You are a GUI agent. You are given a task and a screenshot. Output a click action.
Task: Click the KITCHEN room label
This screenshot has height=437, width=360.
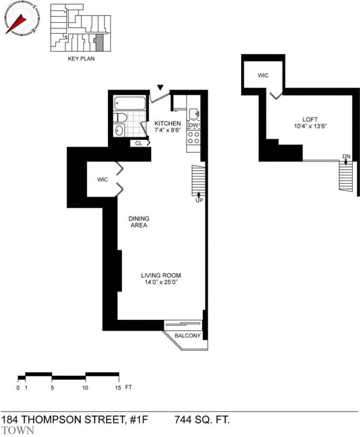coord(167,123)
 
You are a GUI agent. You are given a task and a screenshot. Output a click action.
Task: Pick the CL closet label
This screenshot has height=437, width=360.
coord(139,143)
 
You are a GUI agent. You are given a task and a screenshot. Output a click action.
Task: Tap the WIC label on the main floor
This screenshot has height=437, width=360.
coord(102,179)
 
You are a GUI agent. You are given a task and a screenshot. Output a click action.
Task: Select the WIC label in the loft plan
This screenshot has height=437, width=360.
coord(262,76)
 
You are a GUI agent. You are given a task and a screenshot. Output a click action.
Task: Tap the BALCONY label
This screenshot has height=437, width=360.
coord(188,336)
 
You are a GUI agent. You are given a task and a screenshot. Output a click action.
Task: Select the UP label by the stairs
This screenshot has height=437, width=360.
coord(199,200)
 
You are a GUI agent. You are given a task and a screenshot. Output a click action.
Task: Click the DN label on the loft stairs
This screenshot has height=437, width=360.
coord(346,157)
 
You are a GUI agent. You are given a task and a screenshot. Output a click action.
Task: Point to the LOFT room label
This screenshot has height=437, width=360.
coord(310,119)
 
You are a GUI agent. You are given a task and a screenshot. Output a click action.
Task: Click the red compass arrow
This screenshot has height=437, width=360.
coord(18,24)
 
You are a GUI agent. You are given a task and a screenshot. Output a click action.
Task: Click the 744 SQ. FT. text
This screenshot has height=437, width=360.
coord(202,418)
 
